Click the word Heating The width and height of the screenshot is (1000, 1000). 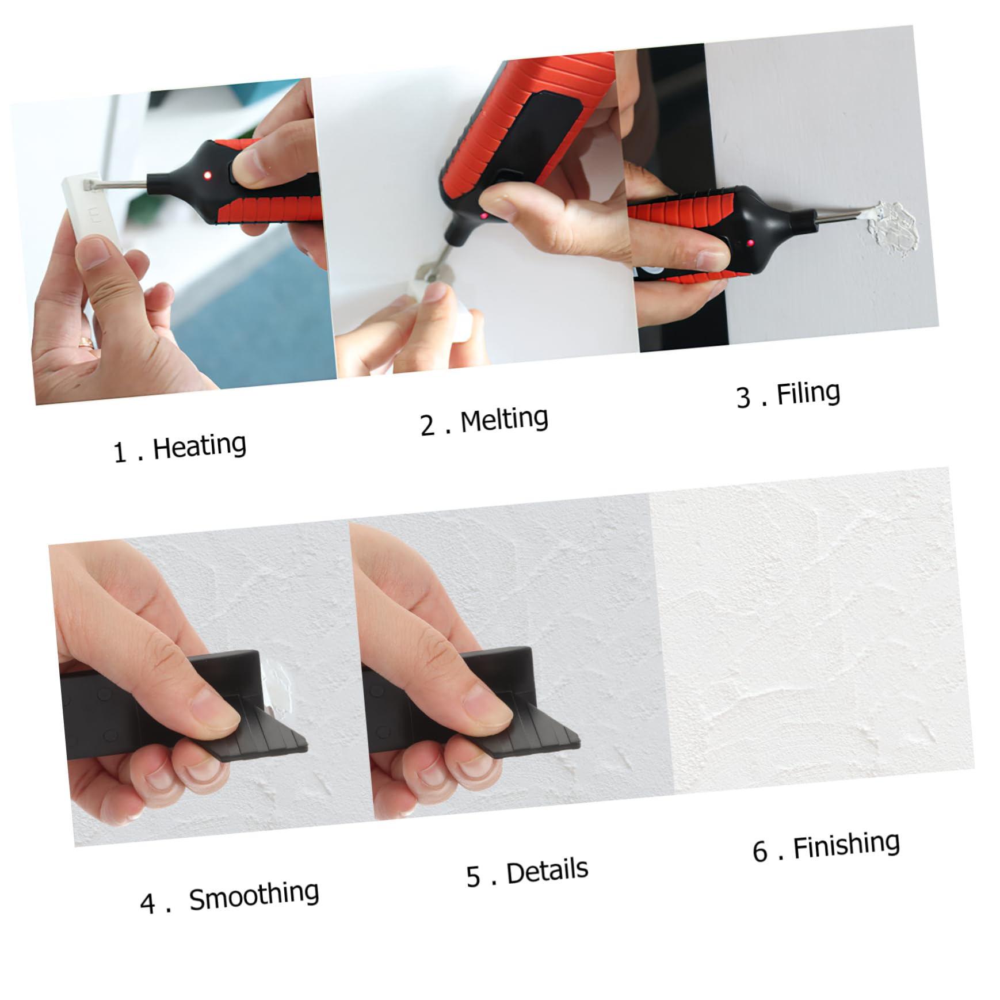click(199, 446)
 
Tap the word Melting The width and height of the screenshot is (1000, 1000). click(504, 419)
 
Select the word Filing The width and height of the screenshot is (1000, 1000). click(808, 394)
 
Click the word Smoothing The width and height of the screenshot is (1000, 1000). click(254, 895)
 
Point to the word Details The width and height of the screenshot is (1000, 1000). click(547, 871)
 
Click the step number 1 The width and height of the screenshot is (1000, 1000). click(119, 453)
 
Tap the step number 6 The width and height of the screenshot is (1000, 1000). click(759, 852)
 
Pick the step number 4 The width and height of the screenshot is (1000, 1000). click(147, 904)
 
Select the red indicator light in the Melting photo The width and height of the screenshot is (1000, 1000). click(484, 216)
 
